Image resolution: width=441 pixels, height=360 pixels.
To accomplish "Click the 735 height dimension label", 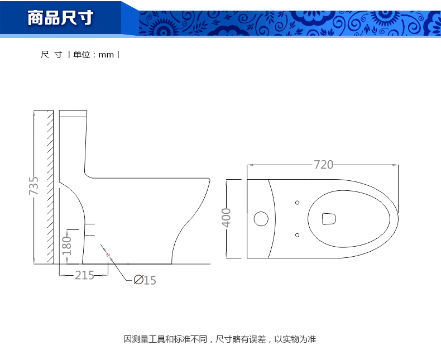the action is pyautogui.click(x=33, y=186).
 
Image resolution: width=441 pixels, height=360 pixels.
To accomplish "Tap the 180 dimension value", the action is pyautogui.click(x=66, y=246).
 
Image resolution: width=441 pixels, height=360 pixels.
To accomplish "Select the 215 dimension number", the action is pyautogui.click(x=84, y=275).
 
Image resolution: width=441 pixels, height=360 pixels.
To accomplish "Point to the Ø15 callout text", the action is pyautogui.click(x=145, y=280).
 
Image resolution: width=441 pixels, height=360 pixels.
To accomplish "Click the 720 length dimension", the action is pyautogui.click(x=323, y=165).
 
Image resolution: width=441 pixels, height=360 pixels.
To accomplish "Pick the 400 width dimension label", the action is pyautogui.click(x=226, y=218).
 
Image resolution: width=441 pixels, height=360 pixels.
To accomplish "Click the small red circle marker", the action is pyautogui.click(x=108, y=255).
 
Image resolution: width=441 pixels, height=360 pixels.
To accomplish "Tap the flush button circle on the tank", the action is pyautogui.click(x=261, y=219).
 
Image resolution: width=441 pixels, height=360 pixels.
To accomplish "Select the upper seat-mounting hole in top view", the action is pyautogui.click(x=298, y=203).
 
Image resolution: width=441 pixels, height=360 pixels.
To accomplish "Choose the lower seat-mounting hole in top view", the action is pyautogui.click(x=298, y=235).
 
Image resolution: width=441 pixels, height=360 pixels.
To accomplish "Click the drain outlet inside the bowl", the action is pyautogui.click(x=329, y=219).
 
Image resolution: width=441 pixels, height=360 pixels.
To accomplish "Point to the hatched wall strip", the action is pyautogui.click(x=50, y=187).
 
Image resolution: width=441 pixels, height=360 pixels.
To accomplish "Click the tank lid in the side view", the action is pyautogui.click(x=73, y=114).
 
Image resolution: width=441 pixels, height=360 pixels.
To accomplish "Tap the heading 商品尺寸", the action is pyautogui.click(x=60, y=18).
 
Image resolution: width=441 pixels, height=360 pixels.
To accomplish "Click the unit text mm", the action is pyautogui.click(x=106, y=55).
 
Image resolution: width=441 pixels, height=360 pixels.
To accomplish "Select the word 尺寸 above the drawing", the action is pyautogui.click(x=51, y=54).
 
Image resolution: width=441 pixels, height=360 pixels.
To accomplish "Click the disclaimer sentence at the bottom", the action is pyautogui.click(x=220, y=339).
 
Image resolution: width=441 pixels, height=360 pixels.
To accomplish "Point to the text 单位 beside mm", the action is pyautogui.click(x=82, y=54).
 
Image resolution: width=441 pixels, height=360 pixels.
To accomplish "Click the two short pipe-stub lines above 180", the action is pyautogui.click(x=90, y=229).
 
